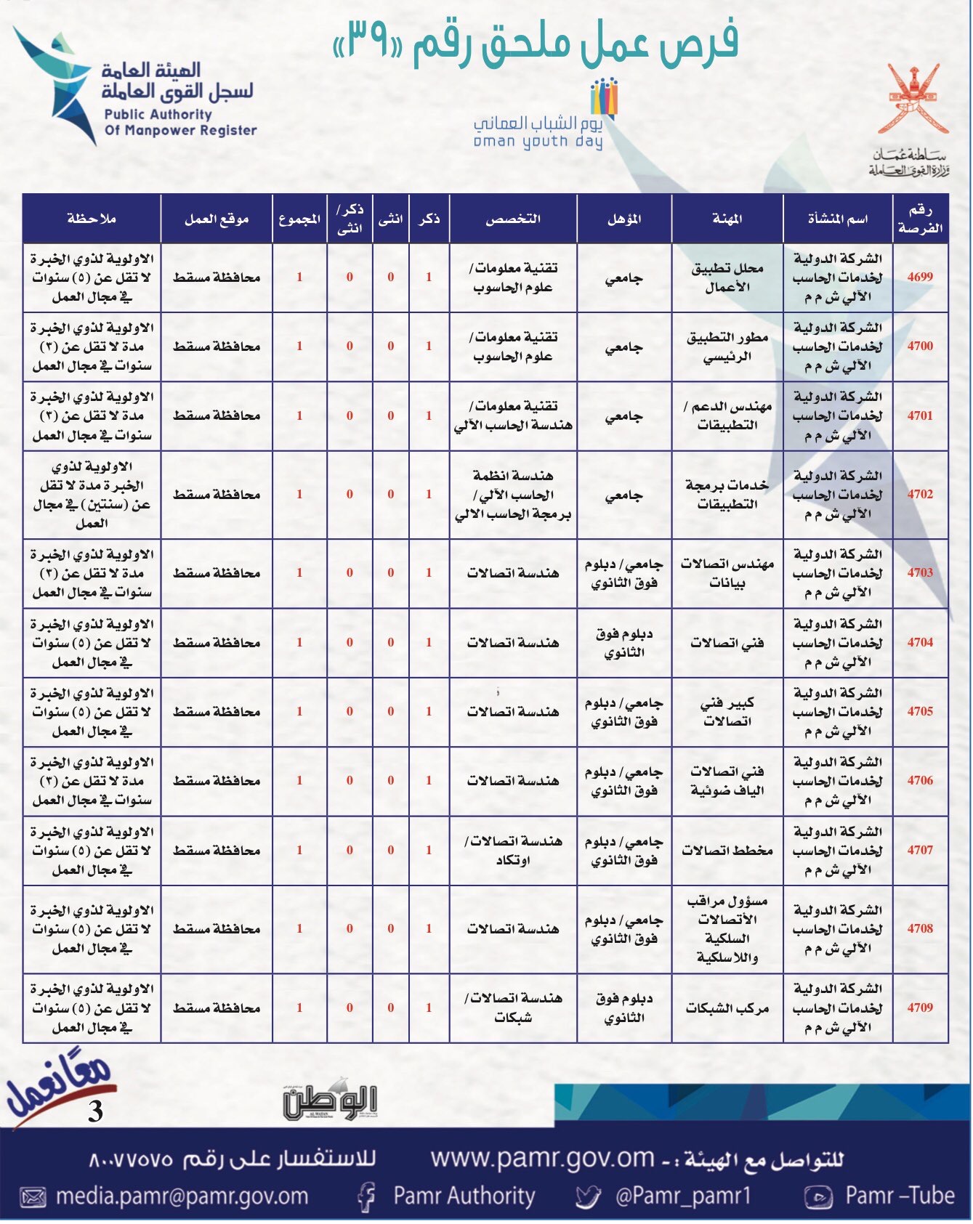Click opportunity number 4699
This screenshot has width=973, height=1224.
click(919, 277)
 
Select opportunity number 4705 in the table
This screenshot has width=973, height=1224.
click(919, 711)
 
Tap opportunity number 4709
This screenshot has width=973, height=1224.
click(919, 1008)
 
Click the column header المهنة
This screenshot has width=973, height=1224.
click(727, 219)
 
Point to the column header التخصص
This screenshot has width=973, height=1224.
click(512, 219)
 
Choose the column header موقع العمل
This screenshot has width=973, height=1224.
click(216, 219)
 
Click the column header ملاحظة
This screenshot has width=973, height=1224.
click(91, 219)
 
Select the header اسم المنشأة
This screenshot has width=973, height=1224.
click(837, 219)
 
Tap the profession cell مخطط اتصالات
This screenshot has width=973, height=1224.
click(727, 850)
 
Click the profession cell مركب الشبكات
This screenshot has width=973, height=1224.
click(727, 1008)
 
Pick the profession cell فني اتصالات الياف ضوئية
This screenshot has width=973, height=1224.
click(727, 780)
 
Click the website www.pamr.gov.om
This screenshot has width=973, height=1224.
click(542, 1158)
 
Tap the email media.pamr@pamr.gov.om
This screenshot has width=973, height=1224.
click(182, 1196)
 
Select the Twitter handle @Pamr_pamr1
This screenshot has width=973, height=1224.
click(682, 1196)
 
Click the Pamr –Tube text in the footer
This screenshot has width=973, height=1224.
click(899, 1196)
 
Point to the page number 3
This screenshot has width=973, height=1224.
click(95, 1111)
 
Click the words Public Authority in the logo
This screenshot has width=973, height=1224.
click(158, 114)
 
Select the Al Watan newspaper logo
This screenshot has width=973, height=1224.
click(331, 1102)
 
